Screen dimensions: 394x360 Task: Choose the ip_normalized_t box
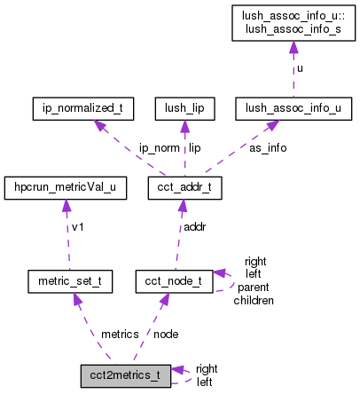point(82,109)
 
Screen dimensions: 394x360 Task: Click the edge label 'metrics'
point(120,335)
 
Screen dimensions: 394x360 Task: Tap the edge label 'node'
point(165,335)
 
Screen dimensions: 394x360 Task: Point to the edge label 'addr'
point(195,228)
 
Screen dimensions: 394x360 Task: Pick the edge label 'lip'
point(194,148)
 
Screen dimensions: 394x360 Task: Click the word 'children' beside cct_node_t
point(254,300)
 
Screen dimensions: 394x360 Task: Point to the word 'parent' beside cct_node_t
point(254,288)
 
